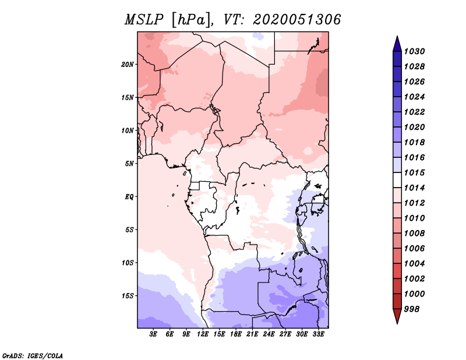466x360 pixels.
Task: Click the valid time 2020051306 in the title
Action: (296, 20)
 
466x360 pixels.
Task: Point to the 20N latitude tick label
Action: (128, 64)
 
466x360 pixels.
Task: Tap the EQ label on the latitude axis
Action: (129, 196)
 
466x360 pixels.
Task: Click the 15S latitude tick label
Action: (128, 295)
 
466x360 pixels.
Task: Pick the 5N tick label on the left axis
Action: (129, 163)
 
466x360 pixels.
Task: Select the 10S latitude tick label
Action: (128, 262)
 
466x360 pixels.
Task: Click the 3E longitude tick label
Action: (154, 334)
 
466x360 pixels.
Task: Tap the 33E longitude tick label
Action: (318, 334)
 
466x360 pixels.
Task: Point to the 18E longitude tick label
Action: (236, 334)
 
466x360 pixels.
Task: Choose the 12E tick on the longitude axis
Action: (203, 334)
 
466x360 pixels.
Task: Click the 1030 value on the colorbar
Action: (416, 51)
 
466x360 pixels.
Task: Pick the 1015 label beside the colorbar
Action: (416, 172)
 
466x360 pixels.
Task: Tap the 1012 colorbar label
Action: (416, 203)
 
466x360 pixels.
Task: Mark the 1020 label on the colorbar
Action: (416, 127)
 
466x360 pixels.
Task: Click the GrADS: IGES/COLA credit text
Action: (32, 355)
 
